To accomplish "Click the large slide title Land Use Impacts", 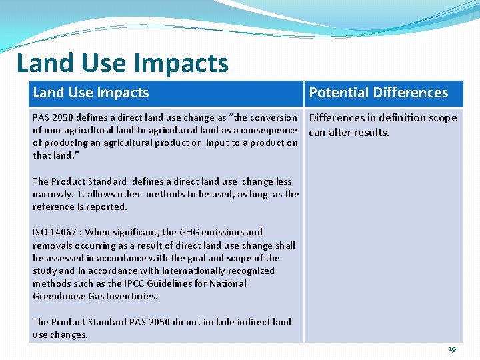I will pos(122,63).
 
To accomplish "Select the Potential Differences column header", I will pos(378,93).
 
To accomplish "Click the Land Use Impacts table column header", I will pos(91,93).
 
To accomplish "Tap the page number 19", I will pos(452,349).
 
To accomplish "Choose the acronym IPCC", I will pos(159,283).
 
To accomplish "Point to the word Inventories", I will pos(135,296).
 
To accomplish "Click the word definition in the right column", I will pos(393,118).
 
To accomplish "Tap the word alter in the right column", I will pos(341,132).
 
